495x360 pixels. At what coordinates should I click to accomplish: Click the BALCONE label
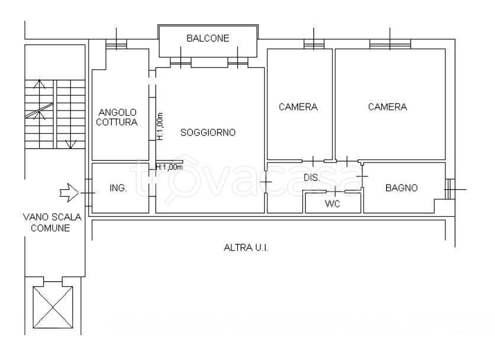coord(208,38)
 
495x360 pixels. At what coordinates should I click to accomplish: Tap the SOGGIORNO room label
coord(208,132)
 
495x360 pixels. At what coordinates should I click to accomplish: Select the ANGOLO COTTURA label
coord(117,117)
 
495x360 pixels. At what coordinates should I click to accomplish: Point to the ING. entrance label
coord(118,188)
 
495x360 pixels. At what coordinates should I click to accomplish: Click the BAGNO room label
coord(402,188)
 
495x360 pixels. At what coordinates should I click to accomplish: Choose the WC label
coord(332,204)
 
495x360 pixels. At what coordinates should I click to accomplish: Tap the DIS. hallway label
coord(312,177)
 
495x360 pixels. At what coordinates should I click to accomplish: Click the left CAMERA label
coord(298,107)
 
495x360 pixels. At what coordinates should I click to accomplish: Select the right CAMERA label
coord(387,107)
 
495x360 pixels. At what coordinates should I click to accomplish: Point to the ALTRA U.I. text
coord(246,248)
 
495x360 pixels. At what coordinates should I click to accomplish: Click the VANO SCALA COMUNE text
coord(52,222)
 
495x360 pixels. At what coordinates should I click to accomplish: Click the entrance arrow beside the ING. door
coord(69,193)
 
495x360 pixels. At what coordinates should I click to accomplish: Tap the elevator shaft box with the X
coord(53,307)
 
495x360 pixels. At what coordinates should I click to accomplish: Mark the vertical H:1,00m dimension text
coord(160,127)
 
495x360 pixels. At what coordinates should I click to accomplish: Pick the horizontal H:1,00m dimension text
coord(169,167)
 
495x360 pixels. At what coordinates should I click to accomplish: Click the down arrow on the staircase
coord(70,144)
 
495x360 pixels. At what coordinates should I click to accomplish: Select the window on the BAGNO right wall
coord(450,189)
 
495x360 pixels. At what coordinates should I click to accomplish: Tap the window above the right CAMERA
coord(390,44)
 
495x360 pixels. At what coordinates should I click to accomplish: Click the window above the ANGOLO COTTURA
coord(116,44)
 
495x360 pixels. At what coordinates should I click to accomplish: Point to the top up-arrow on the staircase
coord(39,83)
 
